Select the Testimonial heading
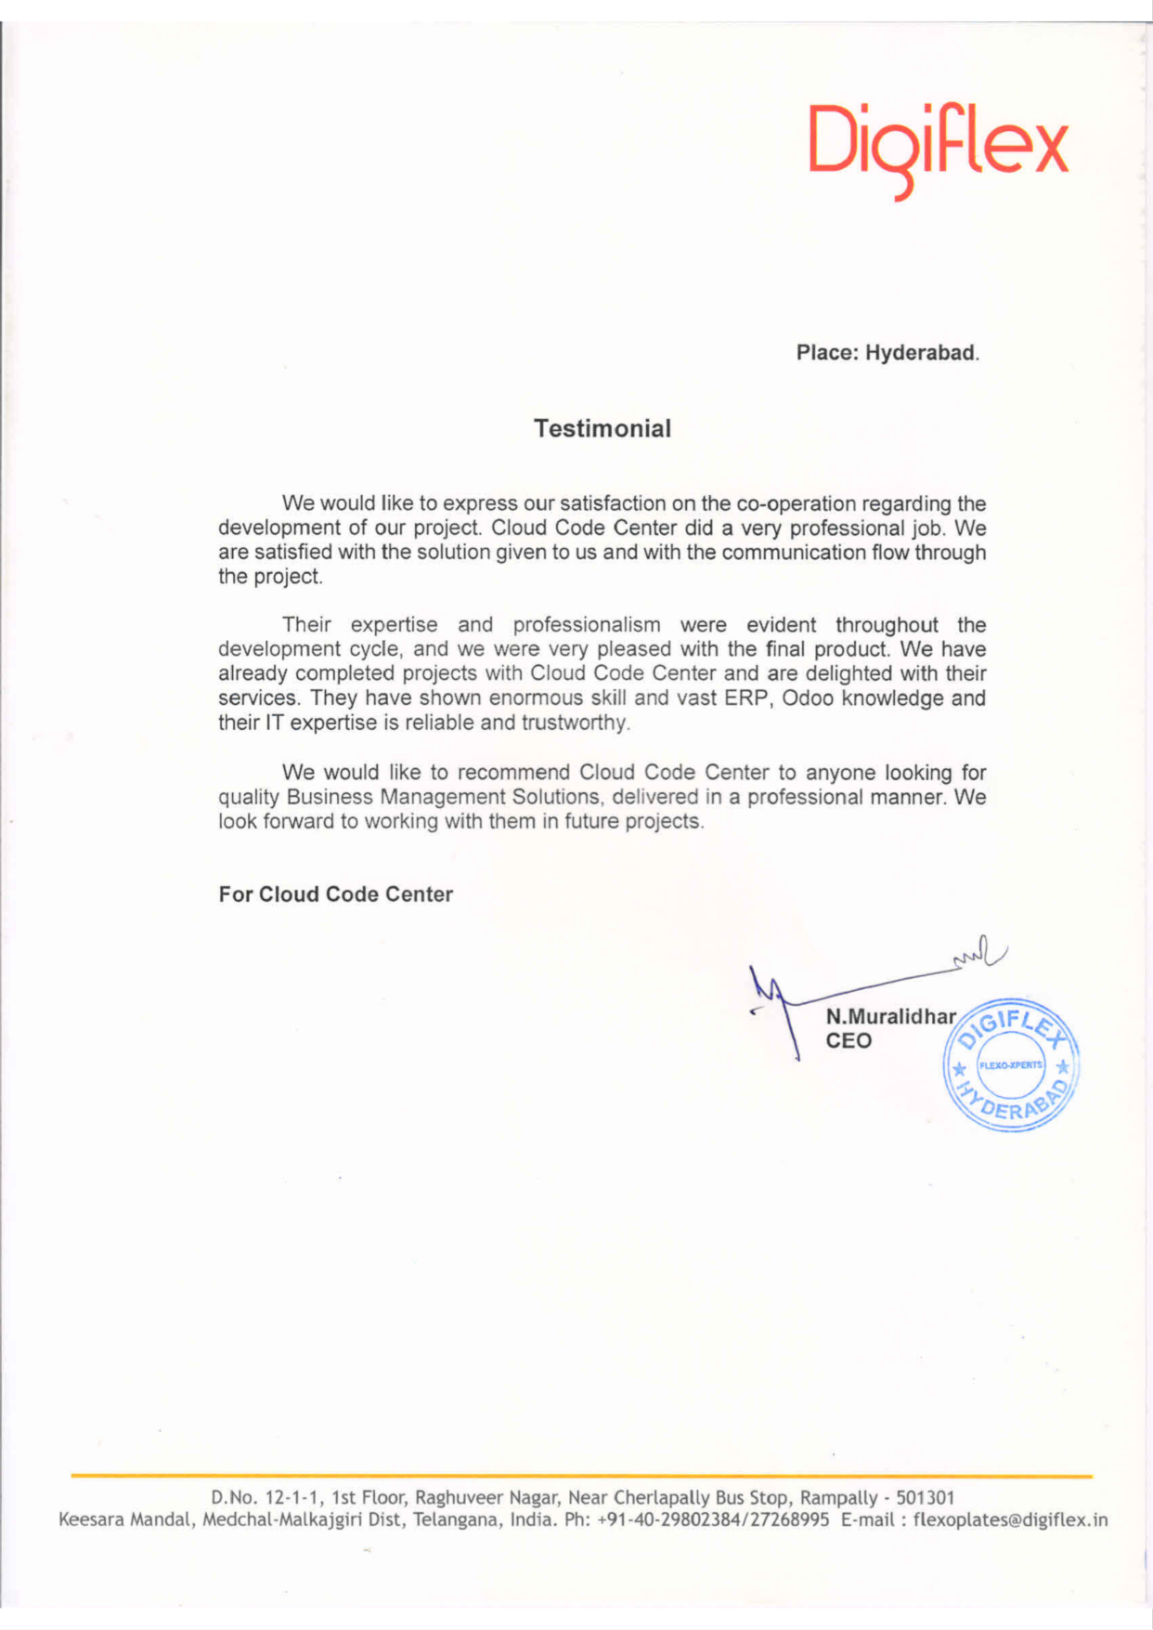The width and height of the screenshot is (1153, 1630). (602, 428)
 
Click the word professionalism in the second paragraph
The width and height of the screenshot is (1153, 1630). (587, 625)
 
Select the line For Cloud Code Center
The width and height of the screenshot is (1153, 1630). (335, 894)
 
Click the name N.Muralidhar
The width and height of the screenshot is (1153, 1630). (890, 1016)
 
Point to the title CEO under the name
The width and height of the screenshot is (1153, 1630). (849, 1040)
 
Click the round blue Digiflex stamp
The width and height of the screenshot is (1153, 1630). (1011, 1065)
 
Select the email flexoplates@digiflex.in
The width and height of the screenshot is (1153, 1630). (1010, 1520)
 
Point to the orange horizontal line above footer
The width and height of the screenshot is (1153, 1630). (581, 1475)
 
